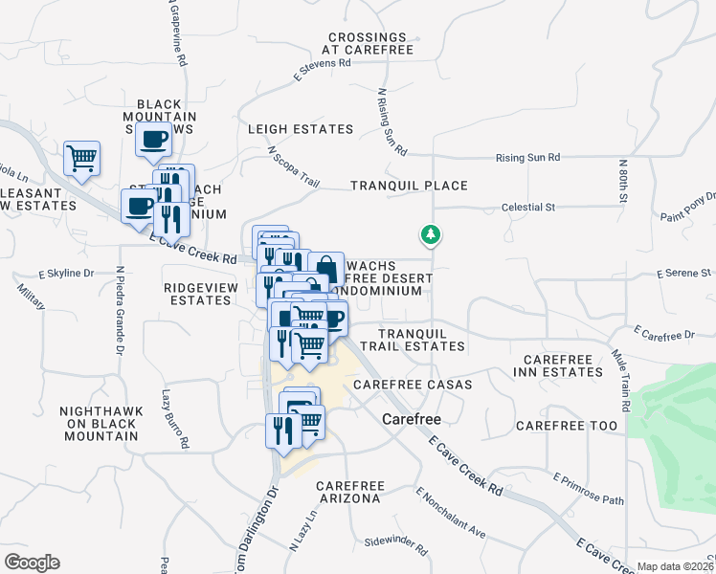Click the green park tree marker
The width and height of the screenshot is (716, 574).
coord(431,234)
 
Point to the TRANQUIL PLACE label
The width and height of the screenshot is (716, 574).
coord(409,186)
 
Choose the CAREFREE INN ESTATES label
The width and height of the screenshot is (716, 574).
coord(560,364)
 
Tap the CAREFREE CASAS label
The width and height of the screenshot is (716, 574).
coord(413,385)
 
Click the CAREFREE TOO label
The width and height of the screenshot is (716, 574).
coord(568,425)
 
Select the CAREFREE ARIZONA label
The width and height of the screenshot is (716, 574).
coord(349,492)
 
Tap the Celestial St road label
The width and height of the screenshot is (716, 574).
coord(529,207)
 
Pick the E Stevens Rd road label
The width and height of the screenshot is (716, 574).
coord(324,67)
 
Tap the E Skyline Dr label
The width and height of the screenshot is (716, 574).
coord(65,274)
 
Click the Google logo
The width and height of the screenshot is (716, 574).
coord(31,563)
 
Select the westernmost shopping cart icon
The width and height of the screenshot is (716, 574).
coord(81,158)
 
